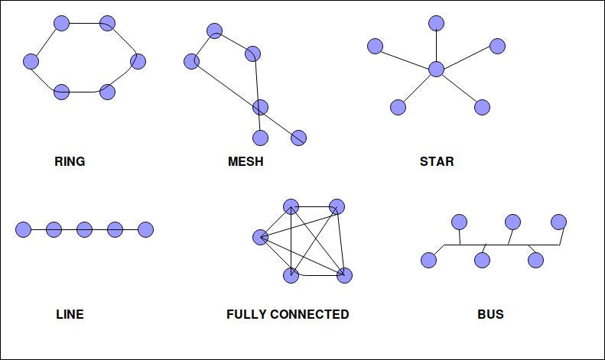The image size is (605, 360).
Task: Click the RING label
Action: point(70,161)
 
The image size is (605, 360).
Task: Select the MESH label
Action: point(246,161)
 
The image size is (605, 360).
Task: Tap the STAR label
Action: point(437,161)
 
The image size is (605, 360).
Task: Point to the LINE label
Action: point(70,314)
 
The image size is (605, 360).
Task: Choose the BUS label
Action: point(490,314)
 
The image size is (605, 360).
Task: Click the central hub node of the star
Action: point(436,69)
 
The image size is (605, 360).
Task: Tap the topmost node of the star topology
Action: point(436,23)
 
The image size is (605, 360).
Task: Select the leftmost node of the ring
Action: point(31,61)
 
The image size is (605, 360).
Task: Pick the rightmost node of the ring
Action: point(138,61)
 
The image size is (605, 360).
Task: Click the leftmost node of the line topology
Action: point(23,229)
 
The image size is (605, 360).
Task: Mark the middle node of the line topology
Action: point(84,229)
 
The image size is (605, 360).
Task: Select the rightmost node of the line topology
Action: point(145,229)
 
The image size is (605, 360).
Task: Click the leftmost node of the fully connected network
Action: point(260,237)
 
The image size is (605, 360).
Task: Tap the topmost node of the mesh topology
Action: point(214,31)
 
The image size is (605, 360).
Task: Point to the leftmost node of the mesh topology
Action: point(191,61)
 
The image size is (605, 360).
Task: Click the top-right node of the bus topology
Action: point(558,222)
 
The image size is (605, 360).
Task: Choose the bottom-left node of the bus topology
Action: point(428,260)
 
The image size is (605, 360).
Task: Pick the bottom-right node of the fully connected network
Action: point(344,275)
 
